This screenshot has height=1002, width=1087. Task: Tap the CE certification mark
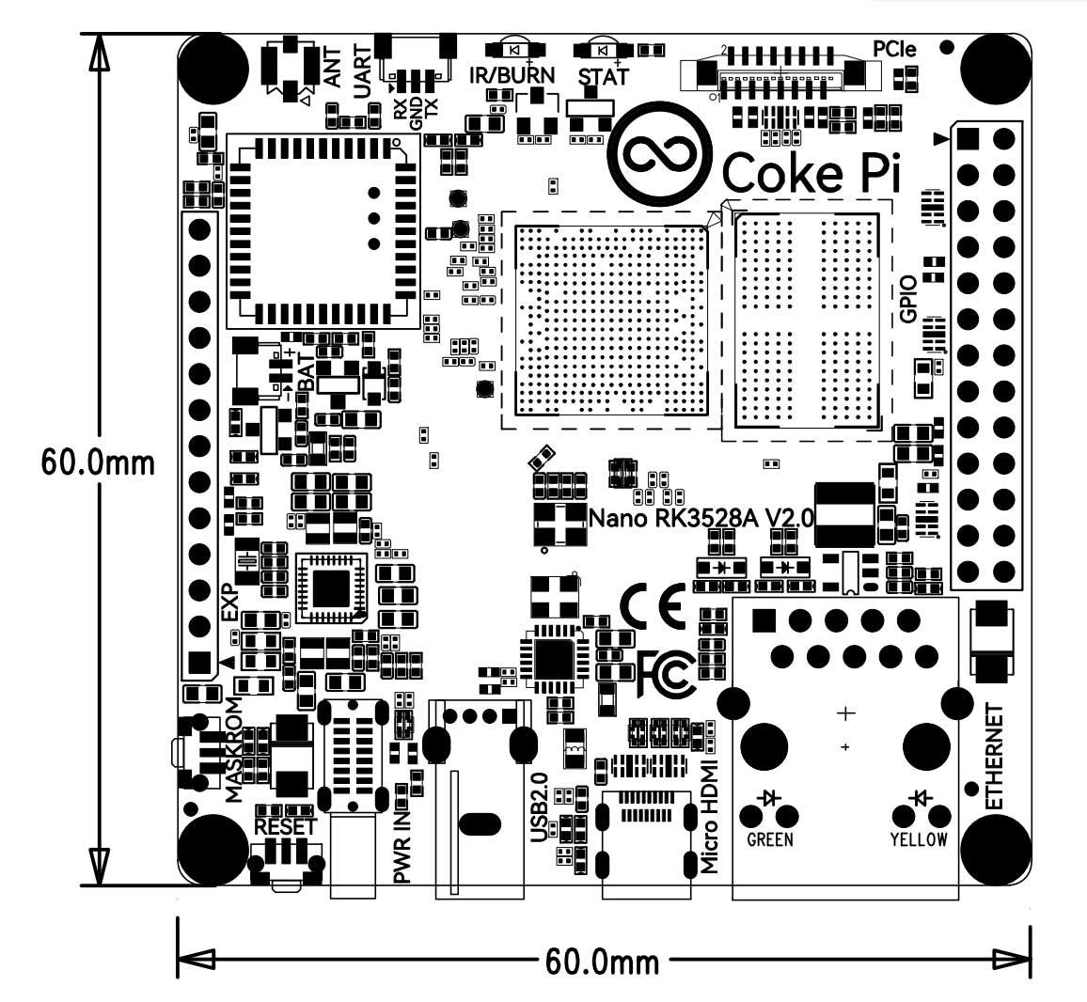(x=653, y=609)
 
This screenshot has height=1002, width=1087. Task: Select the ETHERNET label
(x=994, y=758)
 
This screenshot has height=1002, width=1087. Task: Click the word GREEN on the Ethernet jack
(x=769, y=839)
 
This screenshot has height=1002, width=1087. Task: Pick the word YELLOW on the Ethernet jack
(x=919, y=839)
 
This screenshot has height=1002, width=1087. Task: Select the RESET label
(x=286, y=827)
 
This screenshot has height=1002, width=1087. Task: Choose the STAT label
(x=603, y=75)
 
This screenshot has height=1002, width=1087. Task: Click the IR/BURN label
(x=512, y=74)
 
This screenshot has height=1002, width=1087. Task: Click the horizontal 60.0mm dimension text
(x=602, y=962)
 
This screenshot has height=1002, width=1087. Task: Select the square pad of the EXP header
(x=198, y=662)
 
